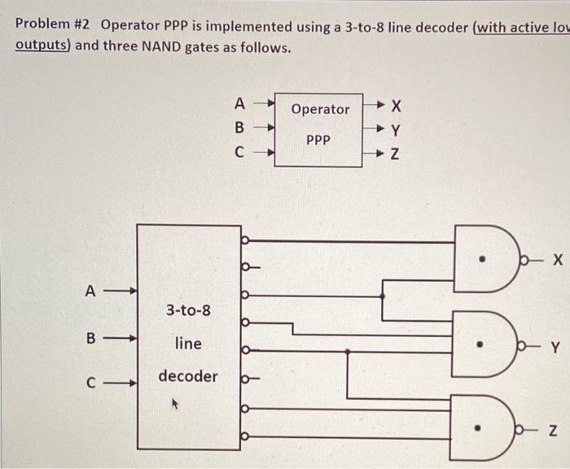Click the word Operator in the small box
[x=320, y=109]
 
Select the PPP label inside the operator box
[x=318, y=140]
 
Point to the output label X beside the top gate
[x=557, y=261]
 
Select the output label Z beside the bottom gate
[x=555, y=431]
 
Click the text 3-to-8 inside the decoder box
[x=188, y=310]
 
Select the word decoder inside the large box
[x=188, y=376]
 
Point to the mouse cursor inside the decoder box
[x=173, y=402]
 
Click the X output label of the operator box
[x=397, y=106]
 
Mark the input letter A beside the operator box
[x=239, y=103]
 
